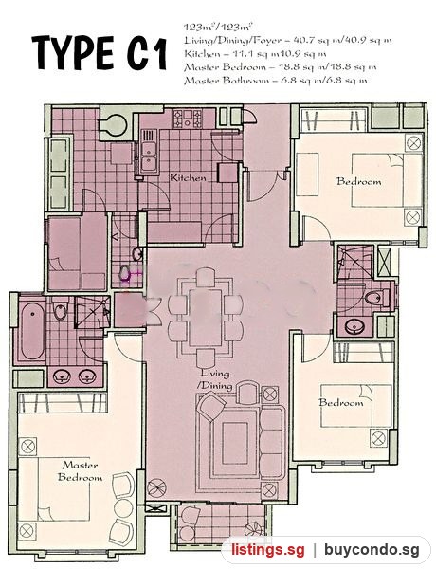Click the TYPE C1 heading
pos(99,53)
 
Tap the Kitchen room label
pos(189,178)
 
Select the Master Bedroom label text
pos(80,471)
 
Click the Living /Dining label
pos(215,378)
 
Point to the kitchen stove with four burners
pos(187,119)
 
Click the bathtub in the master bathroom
pos(32,329)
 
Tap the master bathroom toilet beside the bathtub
pos(60,310)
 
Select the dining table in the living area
pos(206,318)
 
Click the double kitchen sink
pos(148,156)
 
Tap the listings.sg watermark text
pos(268,550)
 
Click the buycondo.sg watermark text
pos(372,550)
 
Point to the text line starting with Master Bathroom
pos(275,80)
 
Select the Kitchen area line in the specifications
pos(255,54)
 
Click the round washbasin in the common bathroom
pos(353,326)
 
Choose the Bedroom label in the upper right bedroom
pos(358,181)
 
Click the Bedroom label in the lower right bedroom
pos(341,402)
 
